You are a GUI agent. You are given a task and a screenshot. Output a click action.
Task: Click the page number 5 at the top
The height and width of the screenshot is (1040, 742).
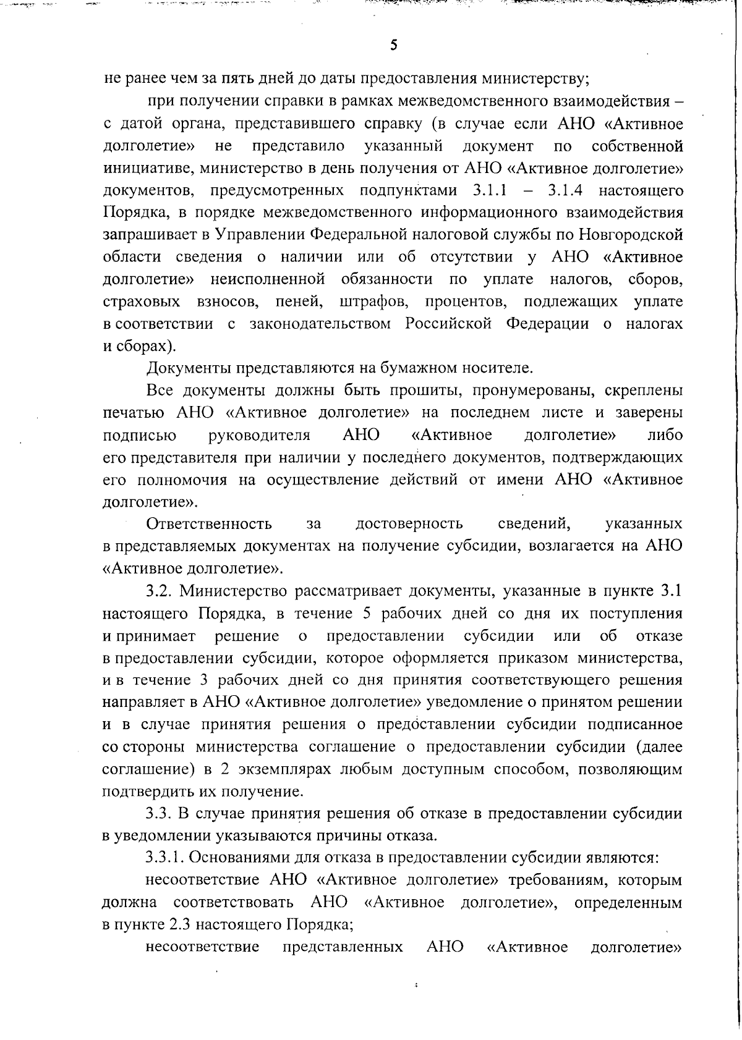tap(393, 45)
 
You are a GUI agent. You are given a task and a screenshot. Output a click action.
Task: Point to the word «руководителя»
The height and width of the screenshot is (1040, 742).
tap(260, 435)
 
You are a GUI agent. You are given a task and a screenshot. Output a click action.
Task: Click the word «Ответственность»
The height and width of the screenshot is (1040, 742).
tap(209, 524)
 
